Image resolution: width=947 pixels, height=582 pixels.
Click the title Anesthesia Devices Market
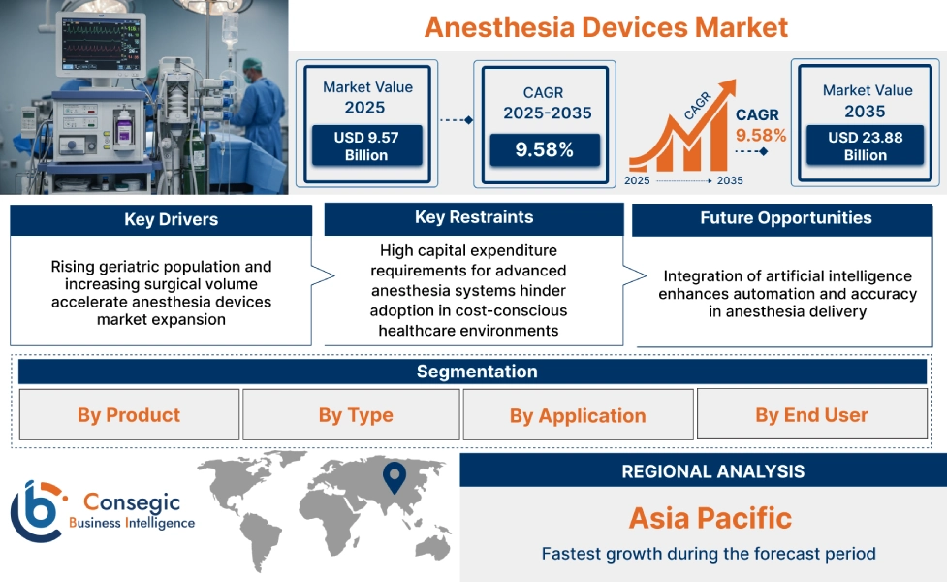tap(606, 26)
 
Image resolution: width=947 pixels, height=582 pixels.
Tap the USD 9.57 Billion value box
tap(366, 146)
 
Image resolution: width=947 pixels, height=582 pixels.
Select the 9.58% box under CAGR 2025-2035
tap(544, 149)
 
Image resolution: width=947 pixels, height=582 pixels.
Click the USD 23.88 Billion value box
tap(865, 146)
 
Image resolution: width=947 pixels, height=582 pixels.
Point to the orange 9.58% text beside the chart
tap(761, 135)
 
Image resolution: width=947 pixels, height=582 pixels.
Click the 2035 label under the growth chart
tap(730, 181)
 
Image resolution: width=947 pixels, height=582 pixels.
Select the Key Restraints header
tap(473, 217)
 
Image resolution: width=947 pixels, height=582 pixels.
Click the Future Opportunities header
tap(785, 218)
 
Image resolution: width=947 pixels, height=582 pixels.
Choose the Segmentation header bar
tap(476, 372)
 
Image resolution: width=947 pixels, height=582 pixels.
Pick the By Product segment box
tap(129, 415)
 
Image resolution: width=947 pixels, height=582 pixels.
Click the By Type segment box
tap(355, 415)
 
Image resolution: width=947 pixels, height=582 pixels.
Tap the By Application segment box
tap(578, 415)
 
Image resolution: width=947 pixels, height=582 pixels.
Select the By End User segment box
tap(811, 415)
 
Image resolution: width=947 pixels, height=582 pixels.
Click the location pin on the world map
tap(393, 476)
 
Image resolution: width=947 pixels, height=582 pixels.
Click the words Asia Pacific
tap(710, 517)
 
